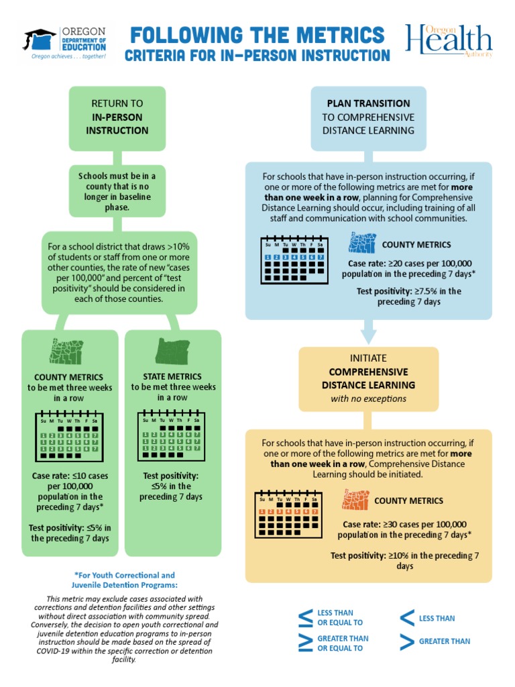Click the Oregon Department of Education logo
[66, 43]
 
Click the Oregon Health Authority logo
[449, 42]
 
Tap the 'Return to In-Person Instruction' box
[117, 117]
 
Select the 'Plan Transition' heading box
[368, 117]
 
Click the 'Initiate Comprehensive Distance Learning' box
[368, 378]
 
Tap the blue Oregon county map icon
[363, 244]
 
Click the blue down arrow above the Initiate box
[368, 331]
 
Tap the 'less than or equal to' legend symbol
[305, 618]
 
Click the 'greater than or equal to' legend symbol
[305, 643]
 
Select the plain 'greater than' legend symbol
[406, 641]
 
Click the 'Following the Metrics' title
[257, 34]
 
